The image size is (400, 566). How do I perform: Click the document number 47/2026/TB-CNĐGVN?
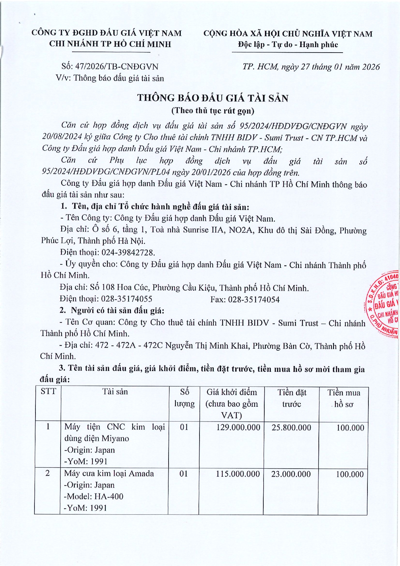116,67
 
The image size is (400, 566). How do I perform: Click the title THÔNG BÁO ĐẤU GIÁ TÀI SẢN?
213,98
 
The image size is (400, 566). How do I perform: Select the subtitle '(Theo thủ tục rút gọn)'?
213,111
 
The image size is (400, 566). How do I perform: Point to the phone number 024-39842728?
128,252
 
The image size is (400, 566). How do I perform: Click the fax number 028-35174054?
254,300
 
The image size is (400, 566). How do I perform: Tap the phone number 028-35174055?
127,299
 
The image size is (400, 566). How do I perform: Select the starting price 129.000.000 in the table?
238,428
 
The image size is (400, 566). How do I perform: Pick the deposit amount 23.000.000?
291,474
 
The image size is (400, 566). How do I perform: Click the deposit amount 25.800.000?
291,428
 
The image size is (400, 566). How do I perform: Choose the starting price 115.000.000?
238,474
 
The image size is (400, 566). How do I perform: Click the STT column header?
48,392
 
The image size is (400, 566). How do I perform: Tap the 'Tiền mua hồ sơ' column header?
344,398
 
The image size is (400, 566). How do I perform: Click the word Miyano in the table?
115,439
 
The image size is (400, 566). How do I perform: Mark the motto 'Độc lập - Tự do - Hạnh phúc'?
288,45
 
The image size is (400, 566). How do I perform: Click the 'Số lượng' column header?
184,398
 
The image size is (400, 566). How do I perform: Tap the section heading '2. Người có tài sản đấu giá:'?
112,311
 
